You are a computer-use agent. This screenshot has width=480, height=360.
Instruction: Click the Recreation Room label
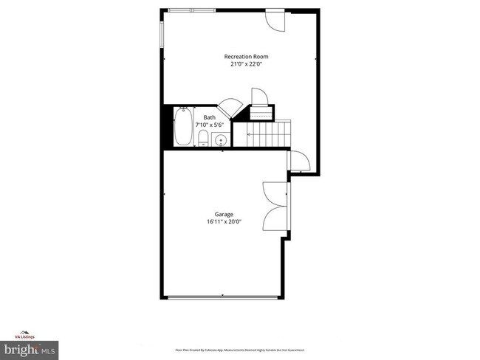247,57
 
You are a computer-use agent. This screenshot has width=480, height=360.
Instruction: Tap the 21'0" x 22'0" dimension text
247,64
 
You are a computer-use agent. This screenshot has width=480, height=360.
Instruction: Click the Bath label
210,117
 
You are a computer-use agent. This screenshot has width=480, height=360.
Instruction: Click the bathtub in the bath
183,127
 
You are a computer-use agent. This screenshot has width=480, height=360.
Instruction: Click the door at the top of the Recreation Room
274,21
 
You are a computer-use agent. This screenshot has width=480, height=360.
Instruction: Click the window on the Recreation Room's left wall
162,33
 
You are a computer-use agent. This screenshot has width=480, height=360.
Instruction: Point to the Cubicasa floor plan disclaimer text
239,350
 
